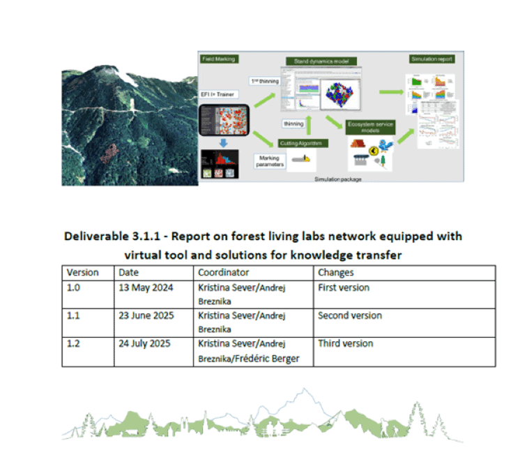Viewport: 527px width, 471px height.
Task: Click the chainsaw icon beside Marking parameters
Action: (x=301, y=160)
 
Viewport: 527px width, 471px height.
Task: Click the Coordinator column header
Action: (x=223, y=272)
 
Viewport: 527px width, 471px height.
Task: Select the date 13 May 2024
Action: (x=146, y=287)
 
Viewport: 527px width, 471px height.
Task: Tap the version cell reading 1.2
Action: (x=73, y=343)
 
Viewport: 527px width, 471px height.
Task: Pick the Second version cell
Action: (x=349, y=315)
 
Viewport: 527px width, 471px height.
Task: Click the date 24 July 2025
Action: (x=145, y=343)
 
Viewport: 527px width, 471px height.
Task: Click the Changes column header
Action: (x=335, y=272)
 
